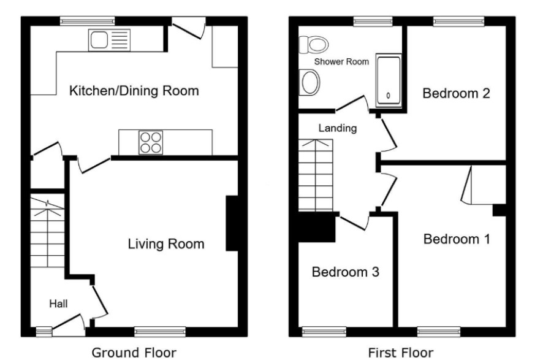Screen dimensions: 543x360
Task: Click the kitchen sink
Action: pos(109,40)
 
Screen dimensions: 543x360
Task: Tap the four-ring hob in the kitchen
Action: pos(151,142)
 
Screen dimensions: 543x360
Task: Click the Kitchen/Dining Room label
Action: pos(134,91)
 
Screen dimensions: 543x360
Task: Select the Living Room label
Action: pos(166,244)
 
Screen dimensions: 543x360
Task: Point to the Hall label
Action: pos(58,304)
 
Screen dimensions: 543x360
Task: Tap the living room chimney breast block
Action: pos(232,223)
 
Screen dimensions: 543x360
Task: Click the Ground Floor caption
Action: pos(134,353)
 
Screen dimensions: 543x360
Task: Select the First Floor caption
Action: pos(401,353)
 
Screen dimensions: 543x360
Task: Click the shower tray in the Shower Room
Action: pos(389,80)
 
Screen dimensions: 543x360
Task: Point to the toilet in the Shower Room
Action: pos(313,45)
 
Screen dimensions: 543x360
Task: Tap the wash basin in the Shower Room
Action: pos(309,82)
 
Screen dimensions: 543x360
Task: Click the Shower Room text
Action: pos(341,62)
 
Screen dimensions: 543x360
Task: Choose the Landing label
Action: pos(338,128)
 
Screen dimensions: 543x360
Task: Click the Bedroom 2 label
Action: pos(457,93)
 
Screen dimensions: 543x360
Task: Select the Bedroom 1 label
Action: pos(457,239)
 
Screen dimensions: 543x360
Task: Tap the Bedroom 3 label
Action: pos(346,272)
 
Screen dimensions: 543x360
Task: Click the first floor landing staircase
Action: pos(316,175)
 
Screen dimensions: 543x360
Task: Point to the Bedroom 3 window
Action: pos(324,332)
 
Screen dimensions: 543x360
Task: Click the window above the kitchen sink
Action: pos(87,21)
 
